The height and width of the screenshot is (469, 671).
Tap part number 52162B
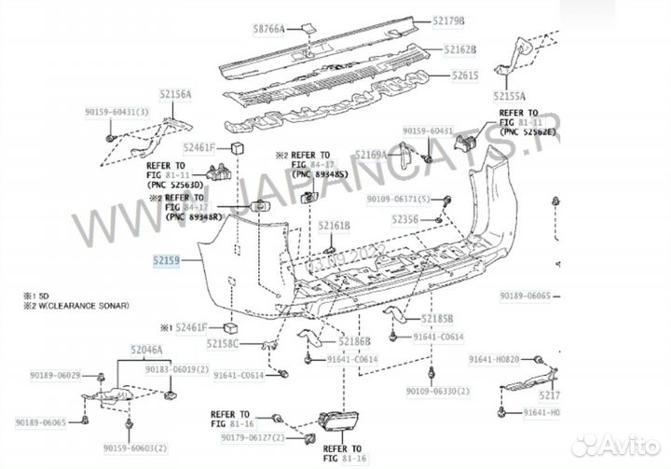(x=460, y=49)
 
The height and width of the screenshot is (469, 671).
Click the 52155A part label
(x=510, y=96)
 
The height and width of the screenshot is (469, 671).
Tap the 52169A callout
(x=371, y=155)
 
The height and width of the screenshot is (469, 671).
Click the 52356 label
(x=404, y=219)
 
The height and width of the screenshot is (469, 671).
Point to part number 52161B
(x=334, y=226)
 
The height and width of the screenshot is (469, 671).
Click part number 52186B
(x=353, y=341)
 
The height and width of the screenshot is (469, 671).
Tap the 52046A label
(x=145, y=349)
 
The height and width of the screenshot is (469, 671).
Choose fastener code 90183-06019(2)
(x=177, y=370)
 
